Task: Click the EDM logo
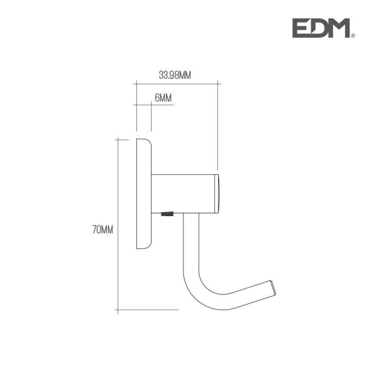coord(320,28)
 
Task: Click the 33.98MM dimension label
coord(175,75)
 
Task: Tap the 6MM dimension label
coord(163,98)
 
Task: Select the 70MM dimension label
coord(103,229)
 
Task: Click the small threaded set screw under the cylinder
coord(168,214)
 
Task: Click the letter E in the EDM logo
coord(302,28)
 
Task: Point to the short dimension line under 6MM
coord(144,105)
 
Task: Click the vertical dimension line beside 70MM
coord(118,226)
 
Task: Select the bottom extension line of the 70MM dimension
coord(147,310)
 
